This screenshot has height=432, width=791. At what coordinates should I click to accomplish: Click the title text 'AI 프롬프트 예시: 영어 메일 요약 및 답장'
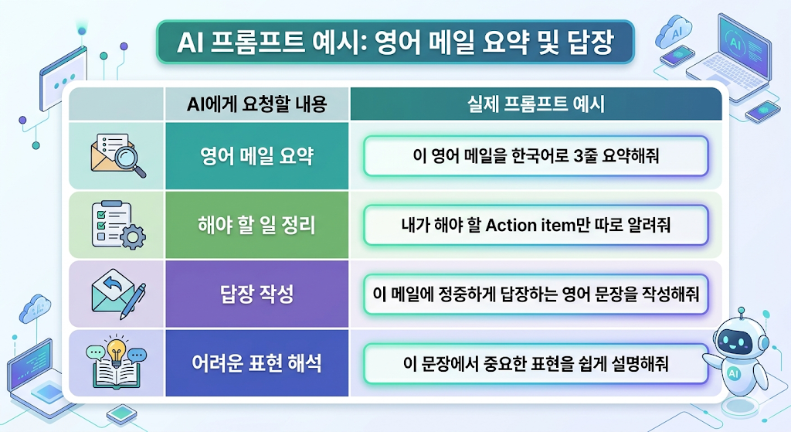pos(395,43)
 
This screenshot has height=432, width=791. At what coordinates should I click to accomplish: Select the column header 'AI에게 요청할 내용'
pos(256,104)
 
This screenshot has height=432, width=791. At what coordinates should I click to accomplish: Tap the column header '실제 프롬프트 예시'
pos(536,104)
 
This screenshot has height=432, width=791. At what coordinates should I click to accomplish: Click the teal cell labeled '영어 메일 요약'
pos(256,156)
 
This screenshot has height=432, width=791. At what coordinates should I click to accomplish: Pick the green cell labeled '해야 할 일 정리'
pos(256,225)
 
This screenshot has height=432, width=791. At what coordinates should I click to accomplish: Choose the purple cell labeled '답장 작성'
pos(256,294)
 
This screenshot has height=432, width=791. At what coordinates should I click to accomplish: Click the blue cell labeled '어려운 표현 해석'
pos(256,363)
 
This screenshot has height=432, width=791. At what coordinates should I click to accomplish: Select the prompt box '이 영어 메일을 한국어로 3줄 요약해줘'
pos(536,156)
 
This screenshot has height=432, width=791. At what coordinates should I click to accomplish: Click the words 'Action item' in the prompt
pos(531,225)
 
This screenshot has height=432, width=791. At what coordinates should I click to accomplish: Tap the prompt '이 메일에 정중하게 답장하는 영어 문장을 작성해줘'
pos(536,294)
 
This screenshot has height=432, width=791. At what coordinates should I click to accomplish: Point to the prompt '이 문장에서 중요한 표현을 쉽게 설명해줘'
pos(536,363)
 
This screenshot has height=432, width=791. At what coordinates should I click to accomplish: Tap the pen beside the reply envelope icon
pos(133,301)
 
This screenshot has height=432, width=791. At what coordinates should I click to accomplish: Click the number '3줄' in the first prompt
pos(585,156)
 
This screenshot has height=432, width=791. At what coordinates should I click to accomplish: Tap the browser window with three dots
pos(63,80)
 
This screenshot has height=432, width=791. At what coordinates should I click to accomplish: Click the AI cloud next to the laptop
pos(675,32)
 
